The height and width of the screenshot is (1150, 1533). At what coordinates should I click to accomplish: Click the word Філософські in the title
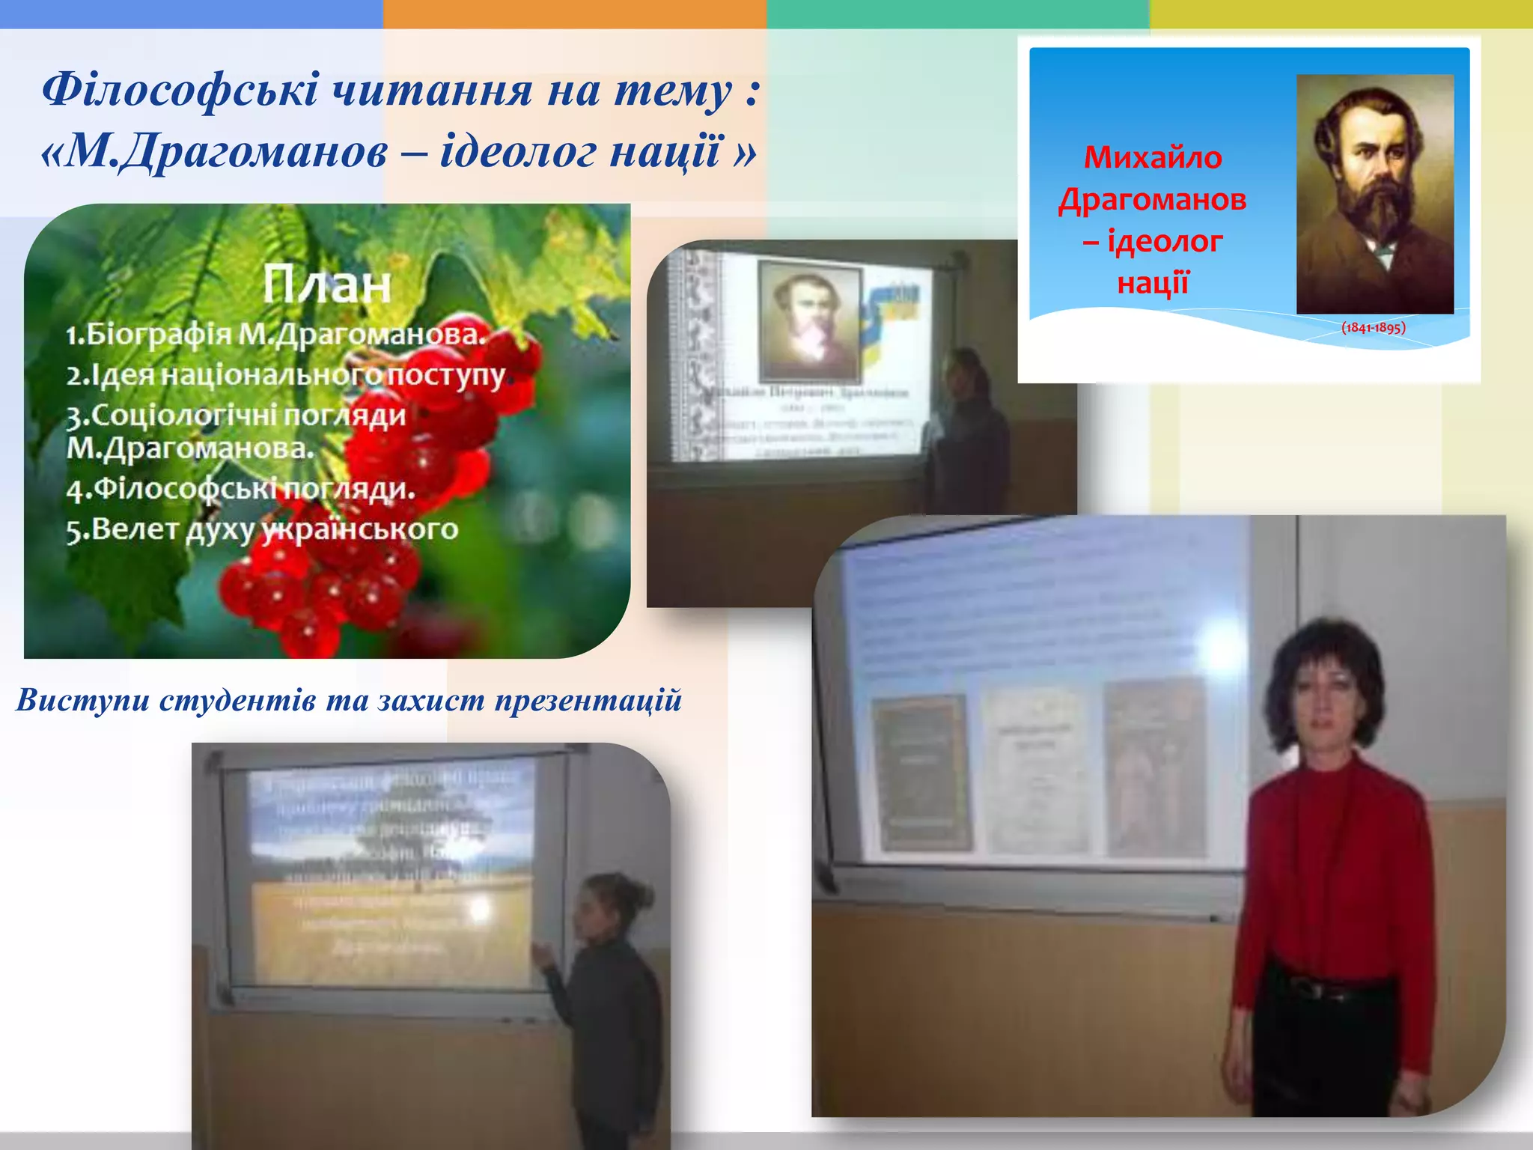point(180,90)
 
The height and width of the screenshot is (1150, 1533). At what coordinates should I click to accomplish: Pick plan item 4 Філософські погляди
point(240,489)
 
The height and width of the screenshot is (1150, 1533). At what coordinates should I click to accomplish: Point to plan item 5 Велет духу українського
point(262,529)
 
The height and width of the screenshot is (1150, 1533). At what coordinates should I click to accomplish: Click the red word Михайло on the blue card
point(1153,158)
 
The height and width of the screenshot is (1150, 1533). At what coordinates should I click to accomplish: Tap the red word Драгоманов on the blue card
point(1153,200)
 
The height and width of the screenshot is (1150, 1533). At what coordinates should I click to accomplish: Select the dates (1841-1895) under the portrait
point(1373,327)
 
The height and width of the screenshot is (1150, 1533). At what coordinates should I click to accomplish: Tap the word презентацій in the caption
point(588,700)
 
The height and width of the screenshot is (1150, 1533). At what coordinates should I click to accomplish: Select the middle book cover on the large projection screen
point(1037,771)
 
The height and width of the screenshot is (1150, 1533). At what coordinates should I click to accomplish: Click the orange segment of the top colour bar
point(574,13)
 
